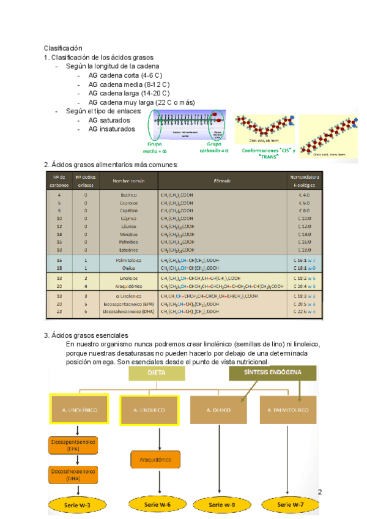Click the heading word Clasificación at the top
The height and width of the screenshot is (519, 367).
coord(62,48)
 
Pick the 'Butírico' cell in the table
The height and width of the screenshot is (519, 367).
coord(128,195)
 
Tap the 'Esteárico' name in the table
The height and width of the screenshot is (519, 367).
coord(128,250)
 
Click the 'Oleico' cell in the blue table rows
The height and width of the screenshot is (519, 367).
coord(128,268)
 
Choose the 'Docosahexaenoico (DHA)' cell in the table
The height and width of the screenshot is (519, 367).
coord(128,312)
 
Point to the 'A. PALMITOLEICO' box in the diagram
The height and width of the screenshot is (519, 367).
coord(287,410)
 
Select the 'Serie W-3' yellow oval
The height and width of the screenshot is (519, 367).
coord(80,504)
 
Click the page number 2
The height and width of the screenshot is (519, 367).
coord(319,491)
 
